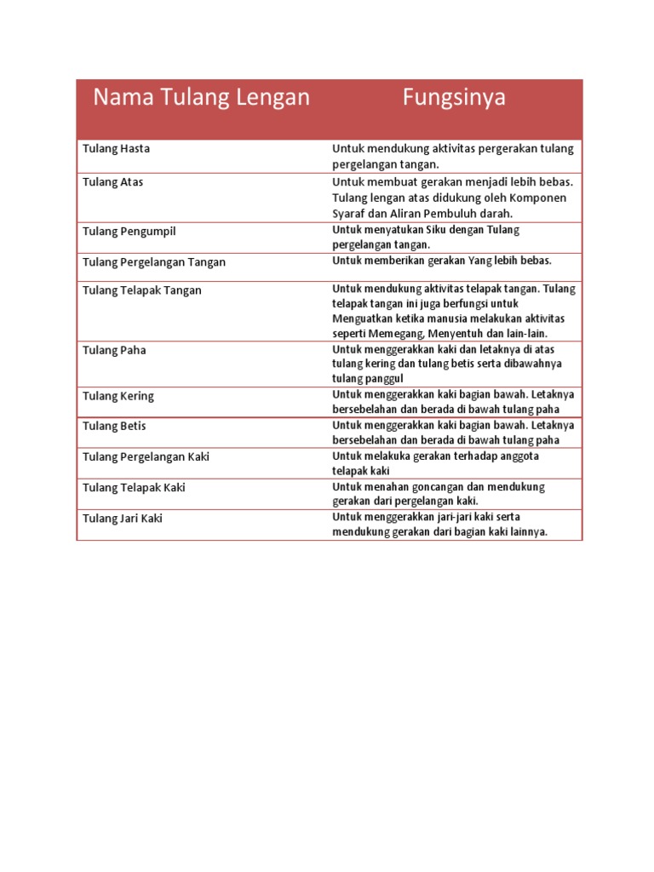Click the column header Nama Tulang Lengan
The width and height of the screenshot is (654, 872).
point(201,98)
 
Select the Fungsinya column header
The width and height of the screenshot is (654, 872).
point(454,98)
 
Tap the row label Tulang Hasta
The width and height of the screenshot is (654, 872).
point(116,148)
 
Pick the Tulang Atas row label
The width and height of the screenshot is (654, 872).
point(113,181)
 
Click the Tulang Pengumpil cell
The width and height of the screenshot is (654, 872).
point(129,231)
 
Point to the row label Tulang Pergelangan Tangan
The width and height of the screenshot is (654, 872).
point(154,262)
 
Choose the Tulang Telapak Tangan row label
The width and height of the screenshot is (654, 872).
point(142,290)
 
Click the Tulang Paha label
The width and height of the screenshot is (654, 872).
point(114,350)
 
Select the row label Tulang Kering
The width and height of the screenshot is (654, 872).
point(118,396)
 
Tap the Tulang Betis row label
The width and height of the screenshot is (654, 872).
point(114,426)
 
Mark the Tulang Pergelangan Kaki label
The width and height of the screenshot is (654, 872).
point(146,456)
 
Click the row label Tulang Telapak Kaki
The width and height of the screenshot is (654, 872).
point(134,487)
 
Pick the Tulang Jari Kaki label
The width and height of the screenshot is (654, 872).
point(122,518)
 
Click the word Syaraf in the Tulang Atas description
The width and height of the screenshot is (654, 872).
point(348,213)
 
